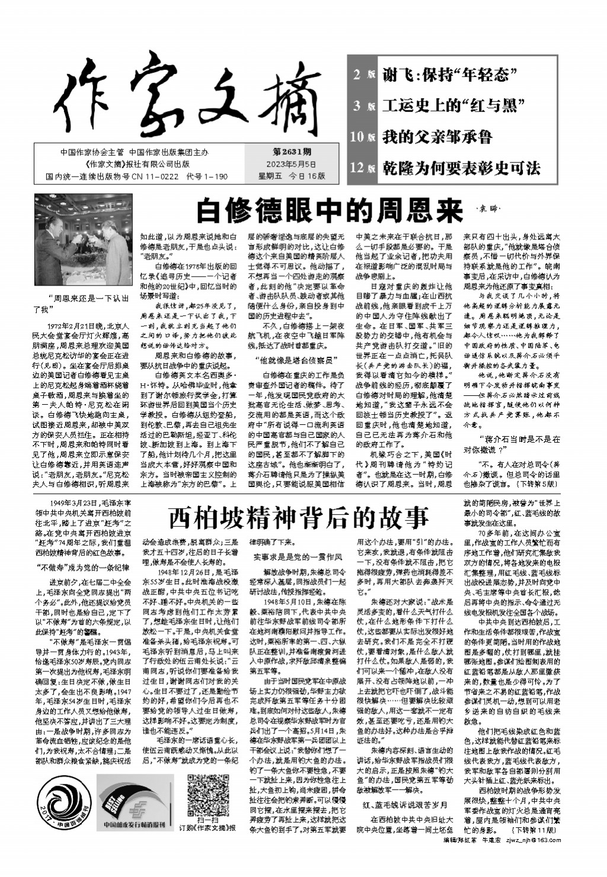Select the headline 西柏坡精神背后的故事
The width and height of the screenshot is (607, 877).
[x=298, y=517]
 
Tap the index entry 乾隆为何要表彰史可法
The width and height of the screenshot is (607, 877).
[x=461, y=168]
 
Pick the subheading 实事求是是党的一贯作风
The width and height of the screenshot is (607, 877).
[x=295, y=556]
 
